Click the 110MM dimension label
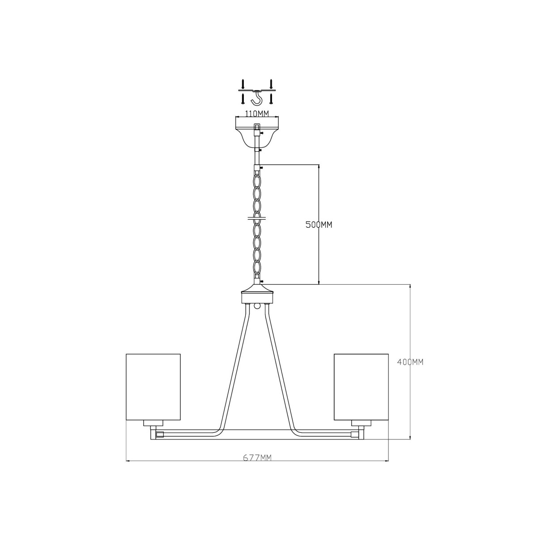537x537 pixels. pyautogui.click(x=257, y=113)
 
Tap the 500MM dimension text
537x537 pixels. pyautogui.click(x=319, y=225)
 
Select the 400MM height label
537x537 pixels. pyautogui.click(x=410, y=362)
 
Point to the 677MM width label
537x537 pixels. pyautogui.click(x=257, y=457)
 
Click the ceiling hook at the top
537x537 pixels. pyautogui.click(x=257, y=98)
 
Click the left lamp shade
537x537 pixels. pyautogui.click(x=153, y=387)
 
